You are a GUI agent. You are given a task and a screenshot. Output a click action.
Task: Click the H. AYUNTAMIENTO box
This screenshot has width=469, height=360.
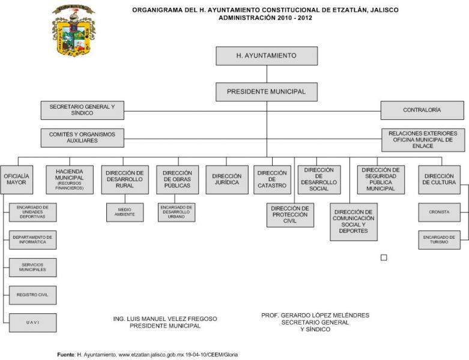267,56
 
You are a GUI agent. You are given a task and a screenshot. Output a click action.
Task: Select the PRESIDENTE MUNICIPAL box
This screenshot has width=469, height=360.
267,92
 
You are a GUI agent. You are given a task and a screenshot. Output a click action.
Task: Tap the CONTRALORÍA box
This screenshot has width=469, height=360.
422,110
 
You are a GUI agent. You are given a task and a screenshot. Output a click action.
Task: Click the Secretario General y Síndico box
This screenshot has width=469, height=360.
82,110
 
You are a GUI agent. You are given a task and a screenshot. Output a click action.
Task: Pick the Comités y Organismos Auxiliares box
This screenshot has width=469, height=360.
82,137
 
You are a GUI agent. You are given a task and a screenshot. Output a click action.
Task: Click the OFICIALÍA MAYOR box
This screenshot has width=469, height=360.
16,179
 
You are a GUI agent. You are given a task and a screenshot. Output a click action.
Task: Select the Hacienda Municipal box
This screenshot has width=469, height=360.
69,179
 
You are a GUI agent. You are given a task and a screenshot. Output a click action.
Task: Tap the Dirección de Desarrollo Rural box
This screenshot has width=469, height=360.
124,179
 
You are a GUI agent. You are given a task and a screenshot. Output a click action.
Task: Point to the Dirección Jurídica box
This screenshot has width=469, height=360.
226,179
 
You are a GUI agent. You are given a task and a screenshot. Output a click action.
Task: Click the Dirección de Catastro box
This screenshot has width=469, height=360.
272,179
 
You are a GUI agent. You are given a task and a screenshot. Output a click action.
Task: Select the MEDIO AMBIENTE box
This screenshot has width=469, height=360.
125,212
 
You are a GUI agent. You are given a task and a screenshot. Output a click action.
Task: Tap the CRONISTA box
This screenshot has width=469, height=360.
439,212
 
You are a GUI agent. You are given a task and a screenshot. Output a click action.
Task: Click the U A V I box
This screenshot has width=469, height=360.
32,322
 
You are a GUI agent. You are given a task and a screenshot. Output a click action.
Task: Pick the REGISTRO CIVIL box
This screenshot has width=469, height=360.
32,295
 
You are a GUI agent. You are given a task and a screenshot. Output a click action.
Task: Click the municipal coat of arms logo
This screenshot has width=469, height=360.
73,29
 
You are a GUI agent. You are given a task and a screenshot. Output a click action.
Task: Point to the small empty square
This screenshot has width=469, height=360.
384,257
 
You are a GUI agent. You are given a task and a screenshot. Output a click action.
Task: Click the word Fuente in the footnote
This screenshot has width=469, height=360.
66,355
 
